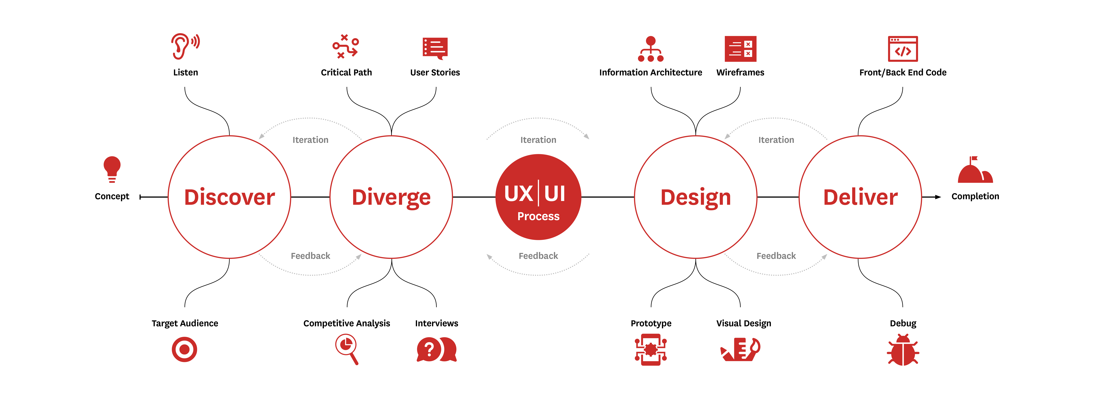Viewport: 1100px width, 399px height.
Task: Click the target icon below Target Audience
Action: click(x=184, y=349)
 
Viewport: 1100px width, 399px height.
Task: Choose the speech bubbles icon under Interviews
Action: click(x=436, y=349)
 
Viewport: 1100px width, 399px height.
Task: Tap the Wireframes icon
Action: click(x=740, y=49)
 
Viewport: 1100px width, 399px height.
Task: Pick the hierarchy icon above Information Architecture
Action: click(x=651, y=49)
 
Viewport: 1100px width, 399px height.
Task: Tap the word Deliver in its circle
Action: click(x=860, y=197)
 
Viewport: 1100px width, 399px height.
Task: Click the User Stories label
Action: click(x=435, y=73)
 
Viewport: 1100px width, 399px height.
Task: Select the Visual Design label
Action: click(x=744, y=323)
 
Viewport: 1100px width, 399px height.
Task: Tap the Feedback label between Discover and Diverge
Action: click(x=310, y=256)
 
